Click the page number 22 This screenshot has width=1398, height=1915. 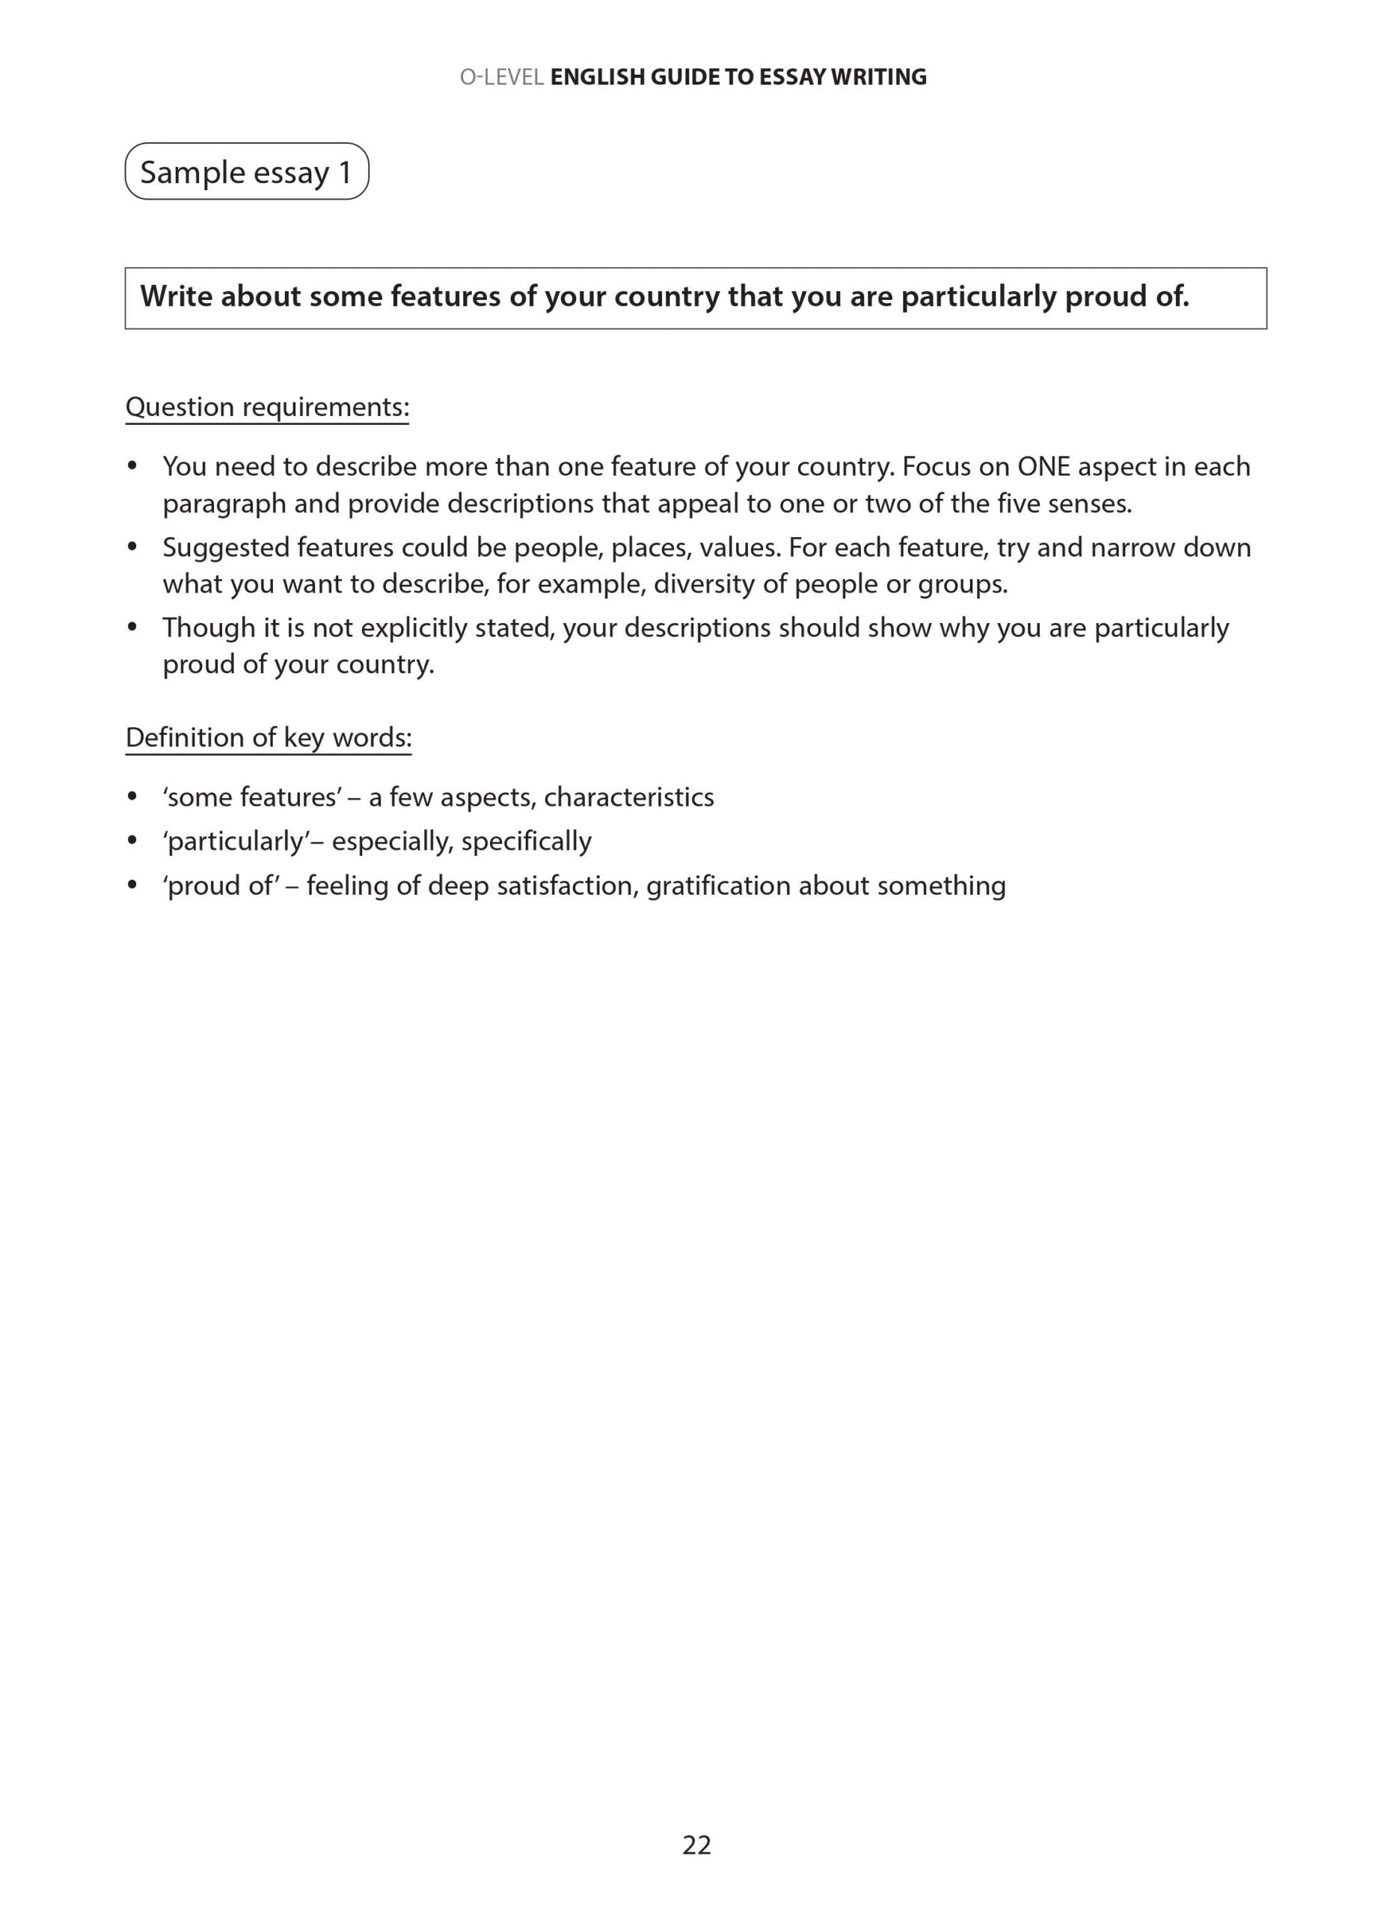tap(696, 1845)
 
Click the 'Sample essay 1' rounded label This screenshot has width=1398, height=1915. tap(246, 172)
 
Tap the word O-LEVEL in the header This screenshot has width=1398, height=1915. tap(502, 77)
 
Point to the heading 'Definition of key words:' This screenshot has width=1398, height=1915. tap(269, 737)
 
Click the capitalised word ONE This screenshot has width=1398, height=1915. tap(1044, 466)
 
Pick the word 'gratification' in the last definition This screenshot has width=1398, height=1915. tap(719, 886)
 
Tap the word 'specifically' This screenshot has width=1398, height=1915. tap(527, 841)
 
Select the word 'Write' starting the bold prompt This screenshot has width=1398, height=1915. tap(176, 297)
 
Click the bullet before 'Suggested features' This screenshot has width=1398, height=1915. tap(132, 548)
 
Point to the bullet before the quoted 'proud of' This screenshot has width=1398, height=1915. tap(132, 886)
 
